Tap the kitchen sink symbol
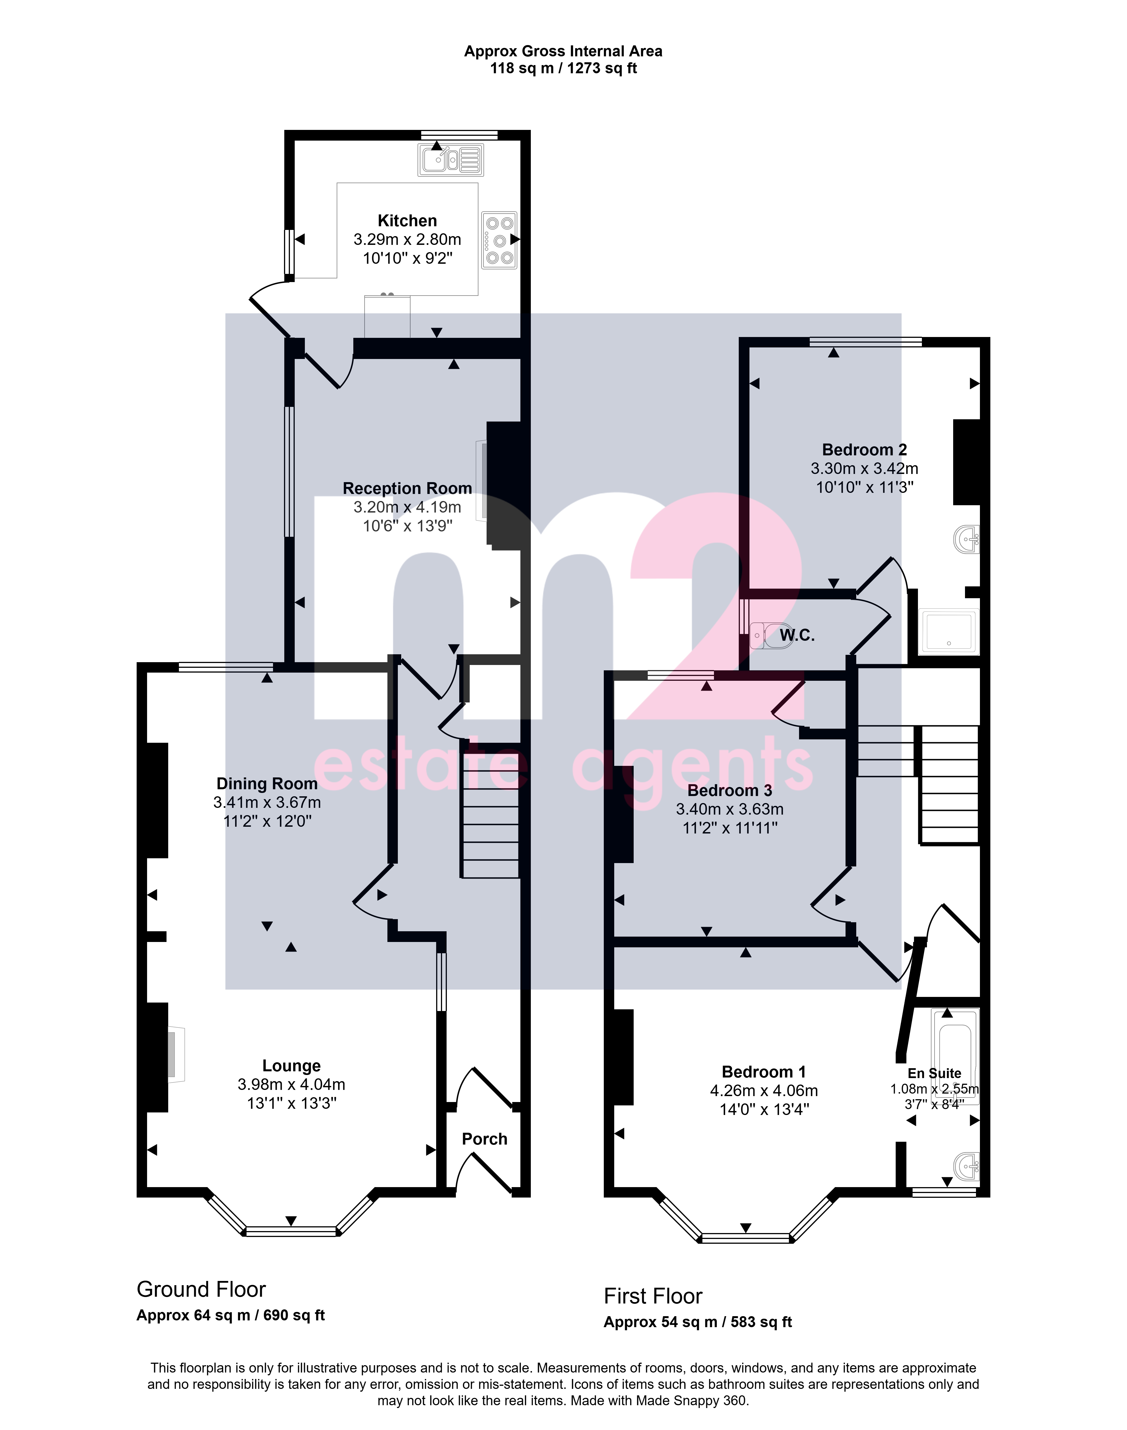(x=451, y=160)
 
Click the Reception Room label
(x=407, y=488)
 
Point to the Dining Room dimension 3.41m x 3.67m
(x=267, y=802)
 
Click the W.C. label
(x=797, y=635)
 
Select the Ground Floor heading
(x=201, y=1289)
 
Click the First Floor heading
(x=653, y=1296)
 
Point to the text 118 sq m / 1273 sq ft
(x=563, y=69)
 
